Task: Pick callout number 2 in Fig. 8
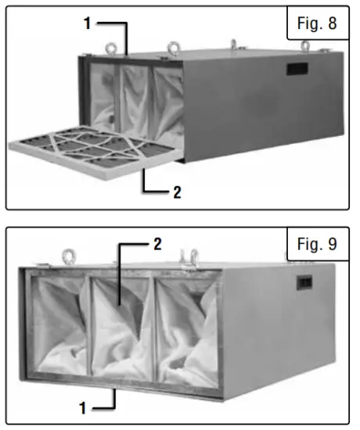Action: coord(178,192)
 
